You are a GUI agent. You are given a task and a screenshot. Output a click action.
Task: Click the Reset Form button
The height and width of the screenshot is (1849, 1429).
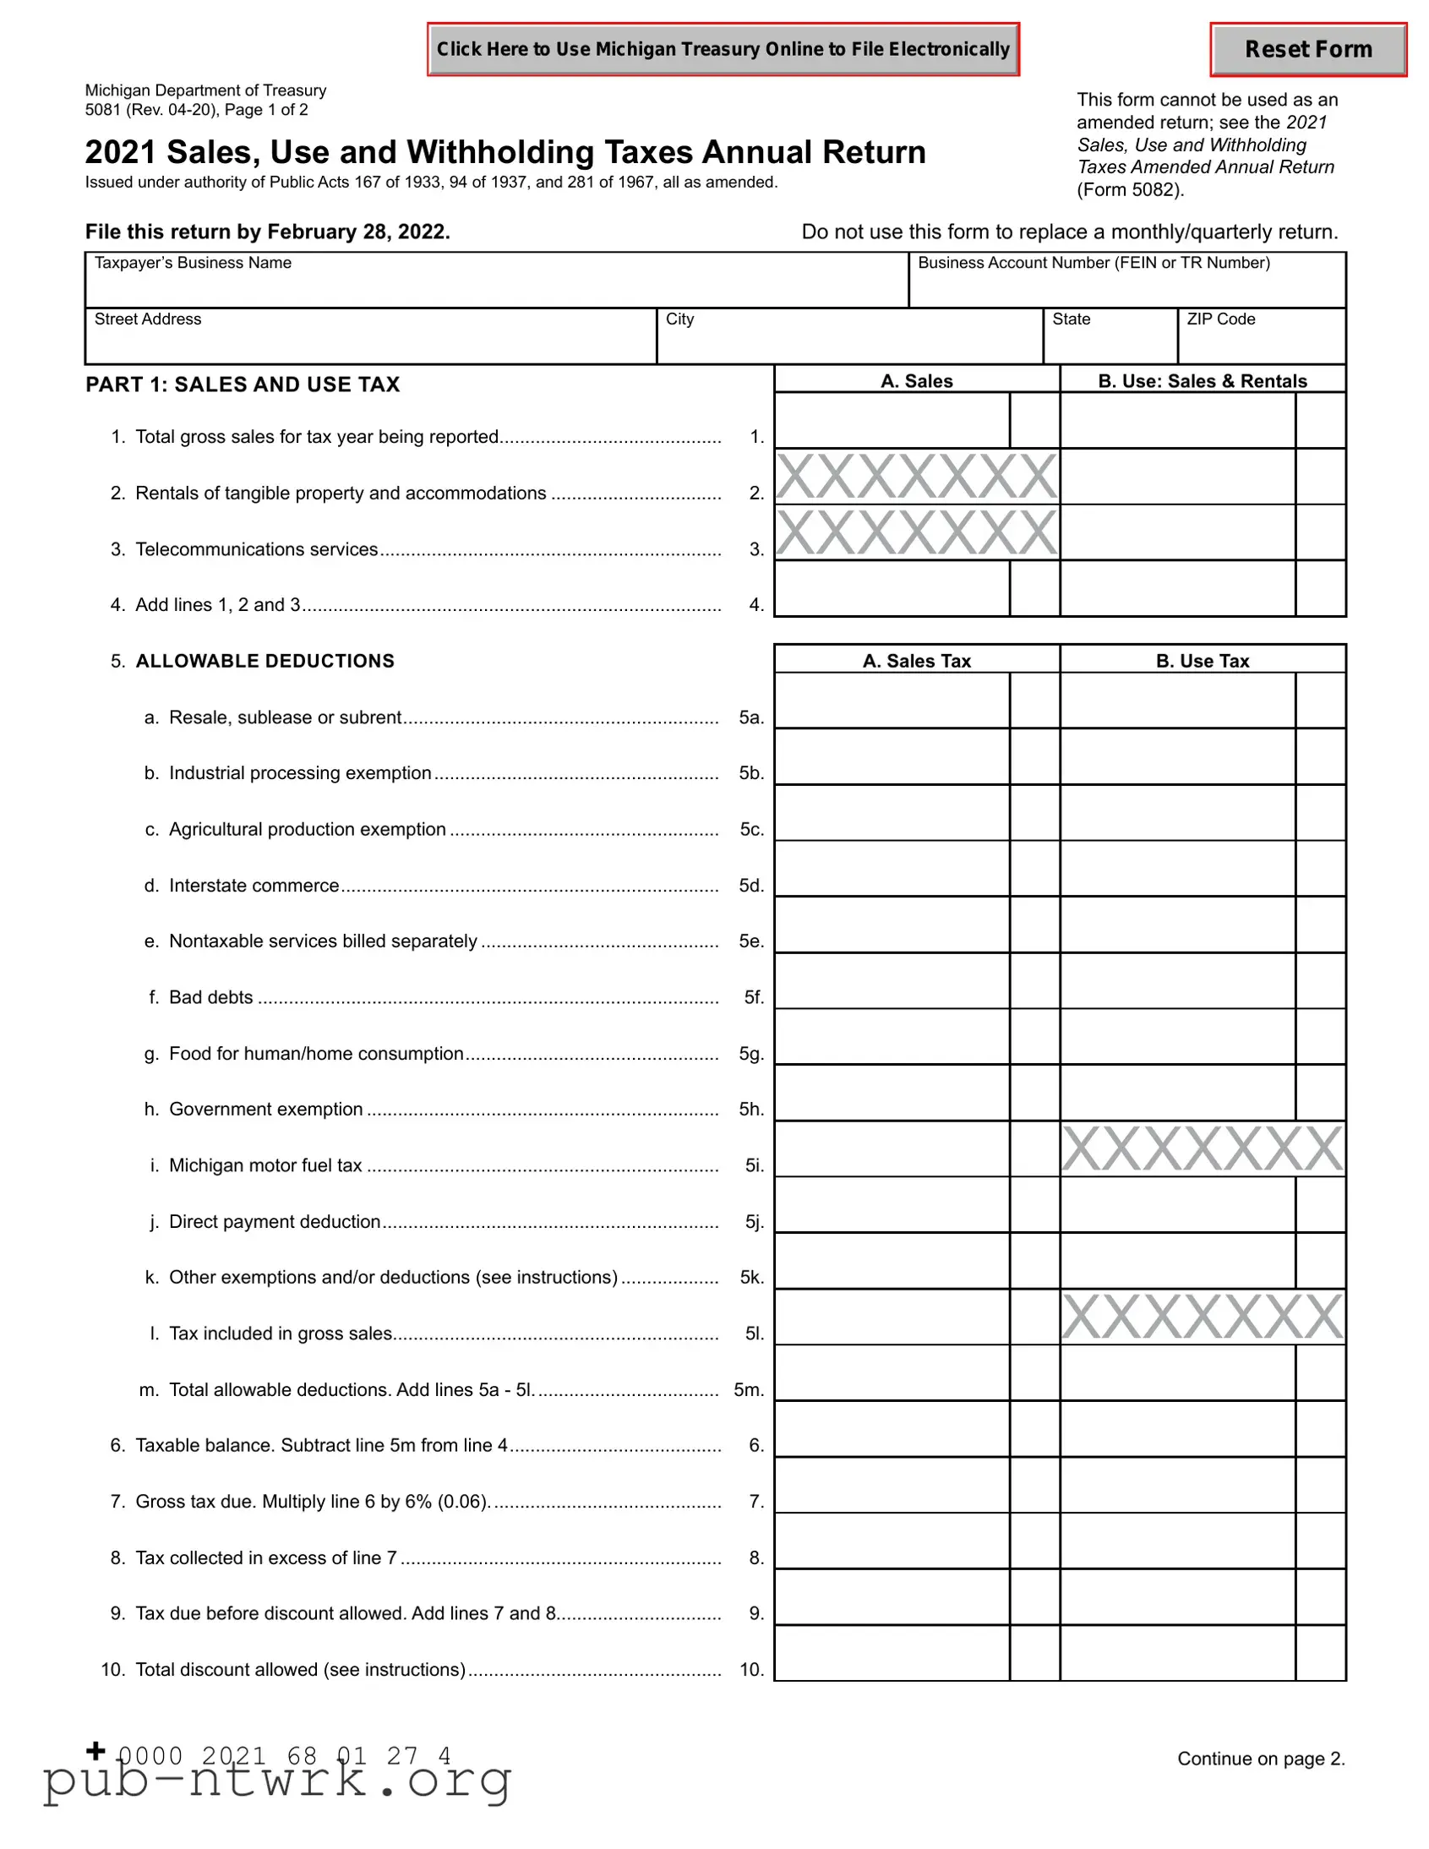point(1308,50)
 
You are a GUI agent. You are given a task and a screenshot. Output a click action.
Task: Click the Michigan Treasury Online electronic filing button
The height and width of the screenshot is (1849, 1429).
point(723,50)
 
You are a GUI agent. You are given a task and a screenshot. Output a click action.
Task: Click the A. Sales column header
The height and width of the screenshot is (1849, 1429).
point(916,381)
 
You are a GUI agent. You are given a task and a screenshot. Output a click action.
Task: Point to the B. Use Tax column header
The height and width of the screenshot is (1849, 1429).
point(1203,661)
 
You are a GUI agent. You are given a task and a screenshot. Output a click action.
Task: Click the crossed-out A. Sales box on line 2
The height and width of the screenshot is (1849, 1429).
point(916,477)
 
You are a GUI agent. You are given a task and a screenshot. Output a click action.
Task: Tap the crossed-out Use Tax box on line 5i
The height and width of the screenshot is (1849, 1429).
point(1203,1148)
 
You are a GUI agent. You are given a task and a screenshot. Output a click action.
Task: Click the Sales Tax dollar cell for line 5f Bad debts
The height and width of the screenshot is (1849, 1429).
point(892,981)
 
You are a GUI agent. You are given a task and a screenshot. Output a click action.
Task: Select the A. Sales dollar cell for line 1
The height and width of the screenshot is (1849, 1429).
point(892,421)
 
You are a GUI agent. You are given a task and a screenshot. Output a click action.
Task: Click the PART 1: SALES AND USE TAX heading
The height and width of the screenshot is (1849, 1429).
point(243,385)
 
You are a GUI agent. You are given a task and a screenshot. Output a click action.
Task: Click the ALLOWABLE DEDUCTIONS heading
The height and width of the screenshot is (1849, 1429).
point(265,661)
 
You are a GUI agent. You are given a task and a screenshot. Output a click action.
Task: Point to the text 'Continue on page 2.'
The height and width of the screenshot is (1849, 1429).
point(1261,1759)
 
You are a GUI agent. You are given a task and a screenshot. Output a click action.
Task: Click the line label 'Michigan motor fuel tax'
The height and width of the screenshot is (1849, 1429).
point(265,1166)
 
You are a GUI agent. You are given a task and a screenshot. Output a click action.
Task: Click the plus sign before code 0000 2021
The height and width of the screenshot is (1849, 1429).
point(96,1750)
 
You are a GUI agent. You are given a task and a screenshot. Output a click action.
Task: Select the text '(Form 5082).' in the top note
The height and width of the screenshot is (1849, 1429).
point(1130,189)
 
